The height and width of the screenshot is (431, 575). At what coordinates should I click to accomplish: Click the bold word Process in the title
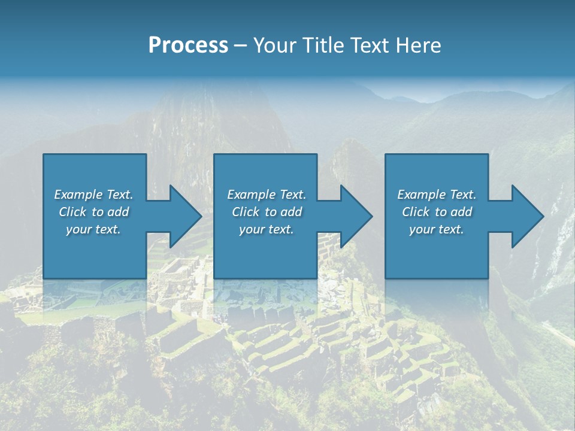188,45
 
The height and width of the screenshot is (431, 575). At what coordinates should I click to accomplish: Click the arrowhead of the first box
183,216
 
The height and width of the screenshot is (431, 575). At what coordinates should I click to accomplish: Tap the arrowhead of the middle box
353,216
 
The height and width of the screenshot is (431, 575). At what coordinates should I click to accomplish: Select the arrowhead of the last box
525,216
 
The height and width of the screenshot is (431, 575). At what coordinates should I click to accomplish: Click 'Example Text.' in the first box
93,195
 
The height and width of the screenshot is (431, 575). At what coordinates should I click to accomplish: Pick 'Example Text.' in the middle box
267,195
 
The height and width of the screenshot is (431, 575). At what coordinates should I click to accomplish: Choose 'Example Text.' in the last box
437,195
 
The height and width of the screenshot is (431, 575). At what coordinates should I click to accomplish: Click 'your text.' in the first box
93,229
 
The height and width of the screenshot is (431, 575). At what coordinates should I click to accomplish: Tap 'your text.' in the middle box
267,229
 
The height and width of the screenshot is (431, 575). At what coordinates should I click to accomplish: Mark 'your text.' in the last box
437,229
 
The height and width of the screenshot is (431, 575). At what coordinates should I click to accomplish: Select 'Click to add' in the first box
93,212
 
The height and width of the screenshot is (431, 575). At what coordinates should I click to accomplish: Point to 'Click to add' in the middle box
267,212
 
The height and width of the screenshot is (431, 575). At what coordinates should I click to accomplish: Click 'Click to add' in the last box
437,212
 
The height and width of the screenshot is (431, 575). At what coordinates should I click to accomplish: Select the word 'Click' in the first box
72,212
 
